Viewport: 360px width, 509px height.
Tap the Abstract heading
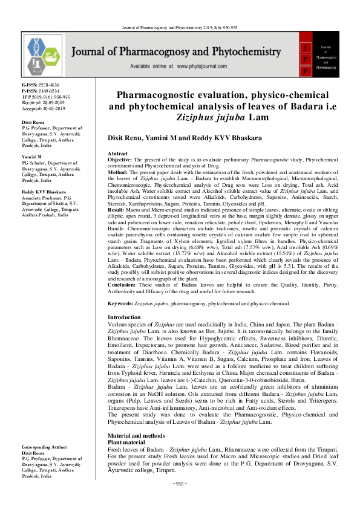[x=118, y=154]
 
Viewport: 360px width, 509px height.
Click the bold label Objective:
[x=121, y=160]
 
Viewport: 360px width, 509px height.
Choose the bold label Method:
[x=118, y=171]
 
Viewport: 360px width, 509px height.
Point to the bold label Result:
[x=117, y=210]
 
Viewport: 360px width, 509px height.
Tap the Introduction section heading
[x=124, y=317]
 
